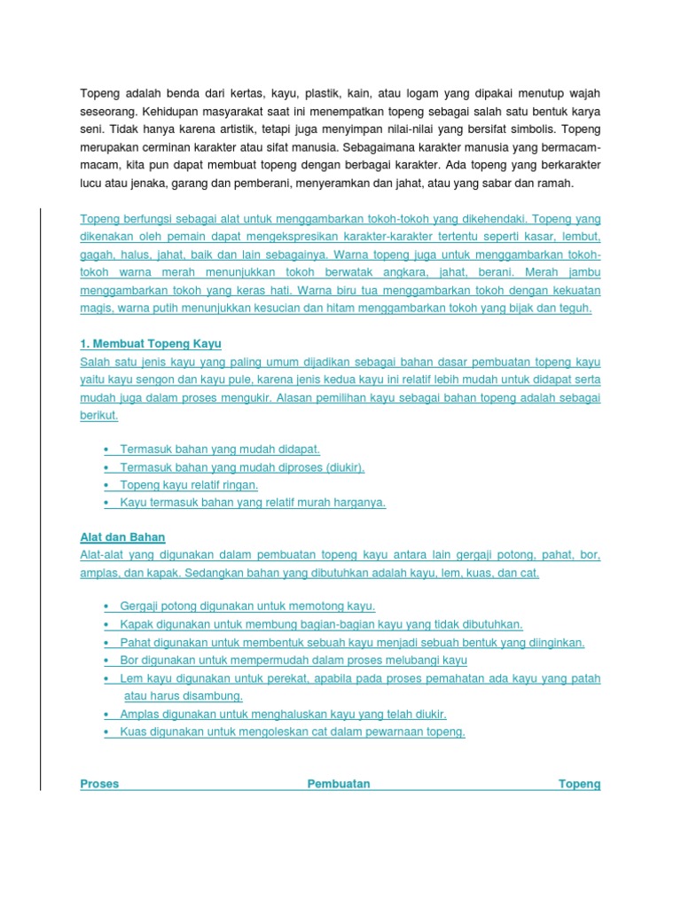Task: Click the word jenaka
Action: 158,184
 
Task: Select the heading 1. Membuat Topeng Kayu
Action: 151,343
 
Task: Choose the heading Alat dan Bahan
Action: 122,537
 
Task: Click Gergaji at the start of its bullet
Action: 139,607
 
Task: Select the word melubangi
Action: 409,661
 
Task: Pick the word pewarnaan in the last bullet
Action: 393,732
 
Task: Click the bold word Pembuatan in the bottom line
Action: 339,784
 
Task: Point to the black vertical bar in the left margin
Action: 40,497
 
